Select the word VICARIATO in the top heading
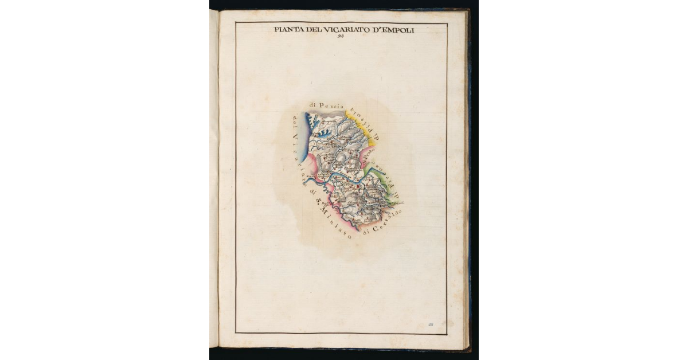(346, 30)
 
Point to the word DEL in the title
(314, 30)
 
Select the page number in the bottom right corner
(431, 325)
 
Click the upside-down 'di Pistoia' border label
(362, 122)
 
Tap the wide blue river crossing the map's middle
(344, 179)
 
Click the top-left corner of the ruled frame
(236, 23)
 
